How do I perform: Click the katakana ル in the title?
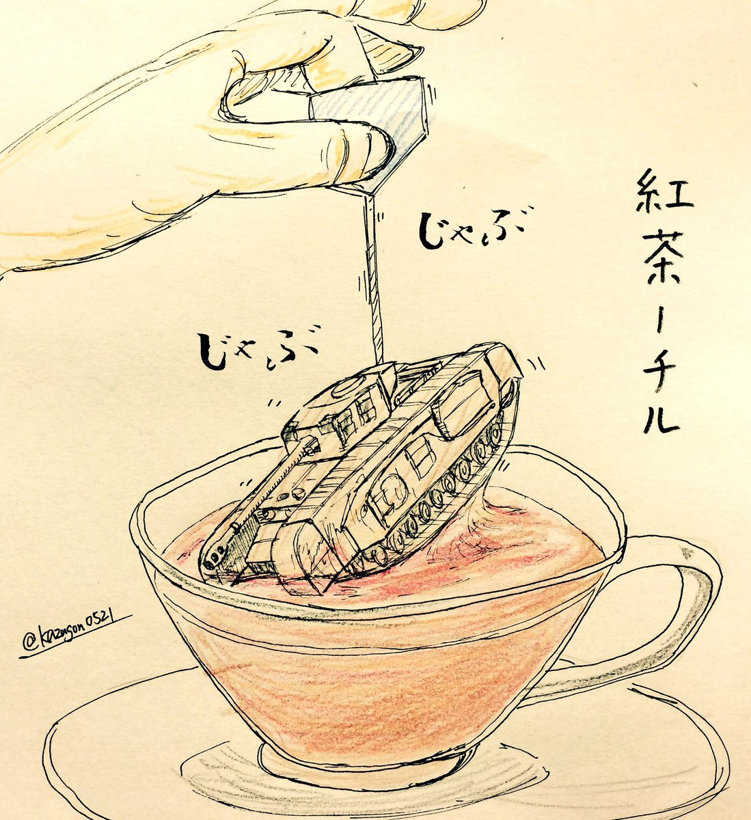click(661, 418)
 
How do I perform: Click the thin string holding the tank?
click(373, 278)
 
